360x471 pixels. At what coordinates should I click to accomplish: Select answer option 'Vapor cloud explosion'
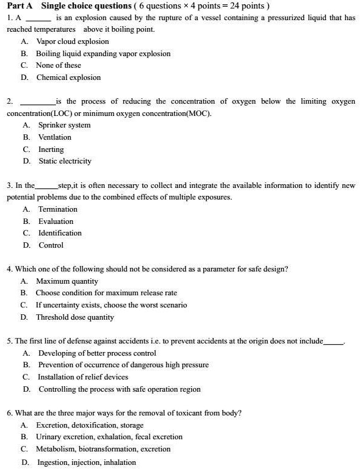pyautogui.click(x=72, y=41)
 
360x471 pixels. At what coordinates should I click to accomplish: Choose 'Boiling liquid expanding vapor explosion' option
pyautogui.click(x=103, y=54)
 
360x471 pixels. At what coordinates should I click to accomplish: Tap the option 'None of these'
pyautogui.click(x=58, y=65)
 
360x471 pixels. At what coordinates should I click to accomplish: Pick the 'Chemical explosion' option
pyautogui.click(x=68, y=77)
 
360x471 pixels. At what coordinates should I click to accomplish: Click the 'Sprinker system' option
pyautogui.click(x=64, y=125)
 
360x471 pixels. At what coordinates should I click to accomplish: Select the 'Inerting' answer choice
pyautogui.click(x=51, y=149)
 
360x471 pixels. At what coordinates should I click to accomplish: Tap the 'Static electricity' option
pyautogui.click(x=65, y=161)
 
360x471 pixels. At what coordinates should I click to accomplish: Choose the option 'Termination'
pyautogui.click(x=58, y=209)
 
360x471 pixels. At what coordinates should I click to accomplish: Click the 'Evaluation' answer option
pyautogui.click(x=56, y=221)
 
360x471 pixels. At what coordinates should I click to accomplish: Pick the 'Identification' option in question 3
pyautogui.click(x=60, y=233)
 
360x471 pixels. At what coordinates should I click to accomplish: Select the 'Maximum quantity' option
pyautogui.click(x=67, y=281)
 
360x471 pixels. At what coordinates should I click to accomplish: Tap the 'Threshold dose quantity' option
pyautogui.click(x=75, y=317)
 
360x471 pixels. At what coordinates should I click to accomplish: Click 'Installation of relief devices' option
pyautogui.click(x=83, y=377)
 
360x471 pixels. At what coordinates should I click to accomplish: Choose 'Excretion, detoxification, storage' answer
pyautogui.click(x=90, y=425)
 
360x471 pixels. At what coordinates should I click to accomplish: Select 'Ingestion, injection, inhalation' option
pyautogui.click(x=87, y=462)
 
